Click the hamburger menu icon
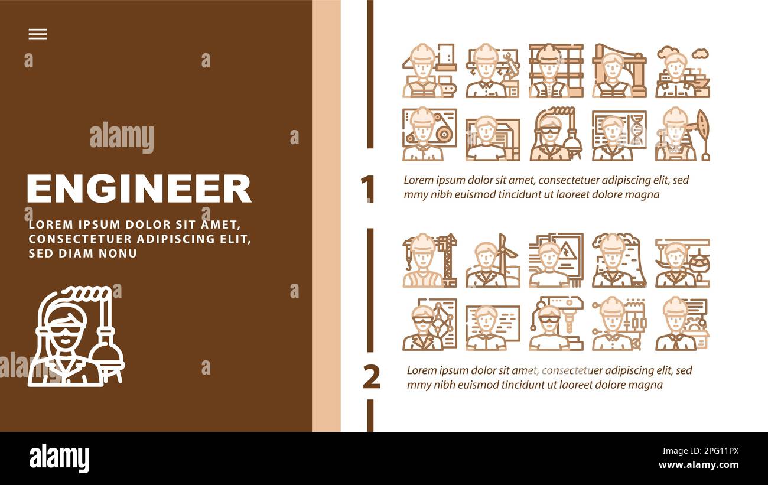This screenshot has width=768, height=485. click(38, 34)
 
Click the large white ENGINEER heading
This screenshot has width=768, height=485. click(139, 189)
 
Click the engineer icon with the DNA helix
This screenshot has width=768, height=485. click(619, 135)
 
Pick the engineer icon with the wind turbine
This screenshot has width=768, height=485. click(492, 261)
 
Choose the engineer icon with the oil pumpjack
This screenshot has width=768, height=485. click(682, 135)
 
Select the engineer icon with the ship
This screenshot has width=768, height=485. click(682, 71)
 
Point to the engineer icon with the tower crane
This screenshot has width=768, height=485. click(429, 261)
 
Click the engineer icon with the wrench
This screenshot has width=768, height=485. click(492, 71)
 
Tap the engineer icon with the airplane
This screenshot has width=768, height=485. click(682, 262)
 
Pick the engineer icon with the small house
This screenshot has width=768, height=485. click(682, 324)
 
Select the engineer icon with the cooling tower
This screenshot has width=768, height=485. click(619, 261)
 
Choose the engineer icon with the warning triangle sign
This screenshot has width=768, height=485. click(555, 261)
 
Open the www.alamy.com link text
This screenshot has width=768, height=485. click(698, 465)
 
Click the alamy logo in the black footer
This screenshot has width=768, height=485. click(59, 458)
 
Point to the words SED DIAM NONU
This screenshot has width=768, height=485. click(83, 253)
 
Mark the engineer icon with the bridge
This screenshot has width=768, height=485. click(619, 71)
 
